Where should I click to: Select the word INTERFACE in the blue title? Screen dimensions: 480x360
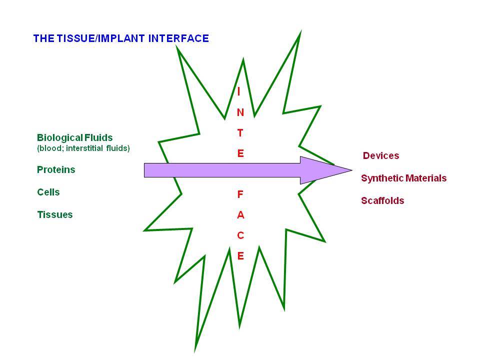tap(178, 38)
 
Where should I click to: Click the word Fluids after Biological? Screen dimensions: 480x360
tap(98, 137)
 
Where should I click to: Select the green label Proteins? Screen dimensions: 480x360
tap(56, 169)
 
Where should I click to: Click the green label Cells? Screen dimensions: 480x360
tap(48, 192)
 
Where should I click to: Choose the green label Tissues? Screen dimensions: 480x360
tap(55, 214)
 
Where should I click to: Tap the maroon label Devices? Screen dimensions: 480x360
tap(381, 155)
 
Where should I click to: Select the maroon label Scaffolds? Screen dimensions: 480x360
tap(382, 200)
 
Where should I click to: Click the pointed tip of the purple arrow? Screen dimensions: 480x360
tap(352, 170)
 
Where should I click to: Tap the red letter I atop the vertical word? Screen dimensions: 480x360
tap(239, 91)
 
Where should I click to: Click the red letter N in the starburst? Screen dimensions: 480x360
tap(240, 112)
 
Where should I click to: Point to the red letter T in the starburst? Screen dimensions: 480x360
tap(240, 133)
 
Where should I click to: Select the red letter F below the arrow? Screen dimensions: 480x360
tap(240, 194)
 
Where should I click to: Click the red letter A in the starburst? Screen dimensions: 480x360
tap(240, 215)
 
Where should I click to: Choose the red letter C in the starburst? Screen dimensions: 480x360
tap(240, 235)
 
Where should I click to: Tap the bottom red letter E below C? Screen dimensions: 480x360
tap(240, 256)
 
